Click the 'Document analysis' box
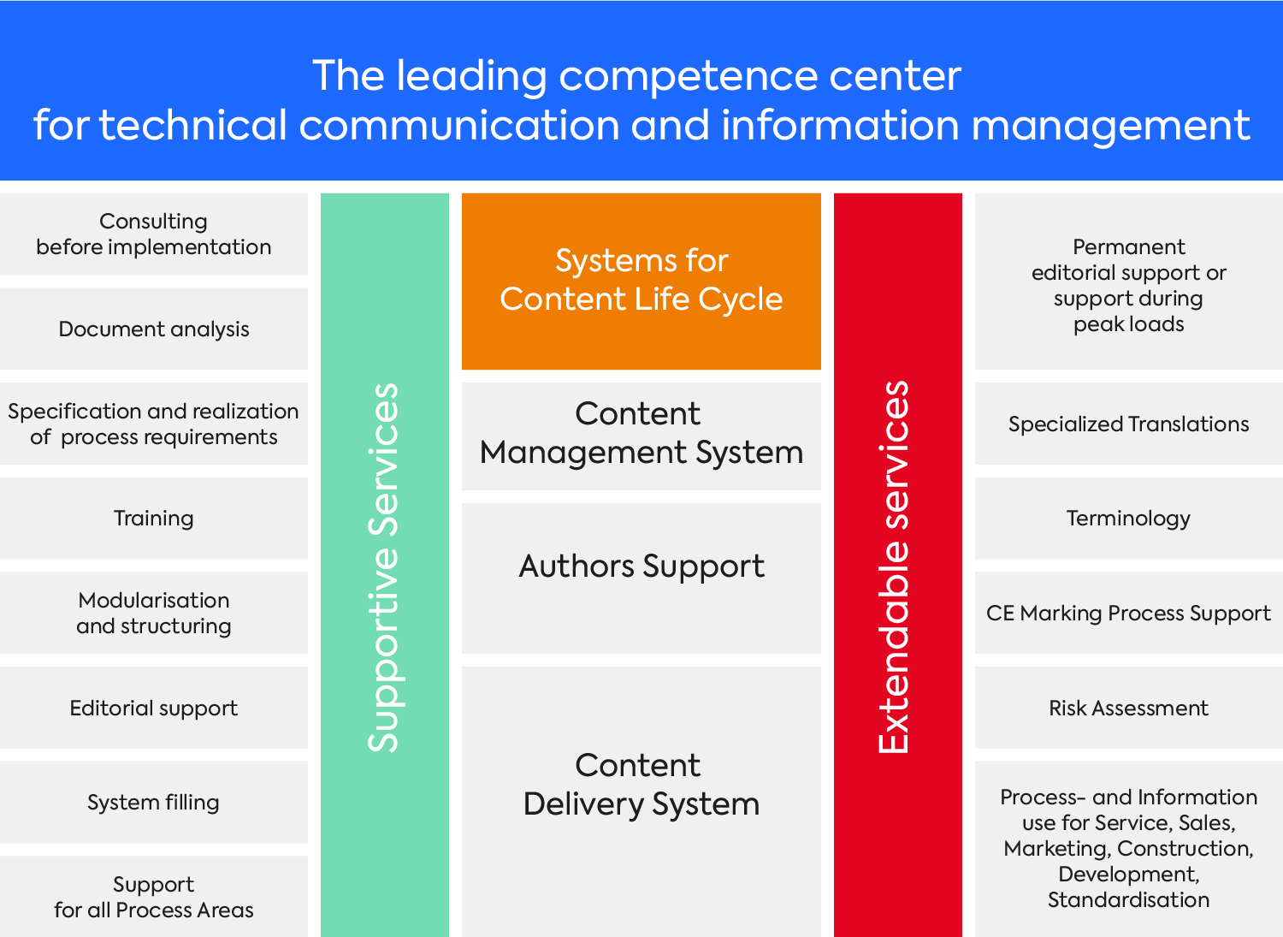[x=153, y=329]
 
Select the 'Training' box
[x=153, y=518]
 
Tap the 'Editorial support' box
[x=153, y=707]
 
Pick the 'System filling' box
[x=153, y=802]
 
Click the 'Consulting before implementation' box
[x=153, y=234]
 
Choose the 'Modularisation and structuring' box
[x=153, y=613]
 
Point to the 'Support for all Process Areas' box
[x=153, y=896]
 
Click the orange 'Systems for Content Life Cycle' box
[x=641, y=282]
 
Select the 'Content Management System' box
[x=641, y=436]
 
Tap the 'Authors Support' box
[x=641, y=578]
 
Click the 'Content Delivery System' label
[x=641, y=784]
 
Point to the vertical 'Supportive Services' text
[x=383, y=566]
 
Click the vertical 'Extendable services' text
[x=894, y=566]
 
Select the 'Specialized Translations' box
[x=1128, y=424]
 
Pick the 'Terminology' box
[x=1128, y=518]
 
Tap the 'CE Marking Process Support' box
[x=1128, y=613]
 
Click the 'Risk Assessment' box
[x=1128, y=707]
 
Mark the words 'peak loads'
[x=1128, y=324]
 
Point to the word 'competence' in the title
[x=688, y=77]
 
